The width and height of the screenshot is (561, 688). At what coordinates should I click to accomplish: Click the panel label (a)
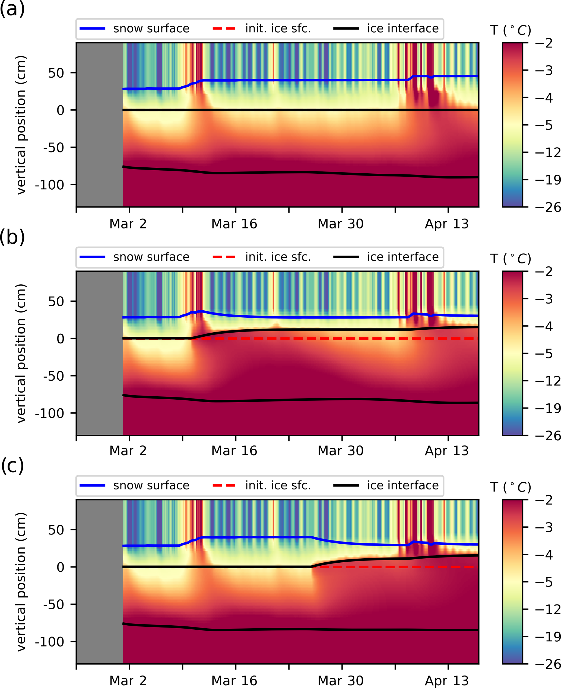tap(12, 9)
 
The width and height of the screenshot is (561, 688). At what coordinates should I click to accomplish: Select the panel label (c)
tap(12, 466)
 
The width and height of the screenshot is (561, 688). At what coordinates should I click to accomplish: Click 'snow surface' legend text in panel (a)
tap(151, 29)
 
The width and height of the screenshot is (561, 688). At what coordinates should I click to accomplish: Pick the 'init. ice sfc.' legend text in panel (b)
tap(278, 257)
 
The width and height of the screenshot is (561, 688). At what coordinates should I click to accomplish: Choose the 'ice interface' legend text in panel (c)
tap(403, 485)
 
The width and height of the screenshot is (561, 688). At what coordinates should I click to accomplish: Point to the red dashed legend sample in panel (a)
tap(224, 29)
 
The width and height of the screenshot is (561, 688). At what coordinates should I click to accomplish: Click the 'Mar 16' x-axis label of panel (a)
tap(234, 224)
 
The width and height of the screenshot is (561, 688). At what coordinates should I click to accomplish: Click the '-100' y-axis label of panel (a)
tap(49, 185)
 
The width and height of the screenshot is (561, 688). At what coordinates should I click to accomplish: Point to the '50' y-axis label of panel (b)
tap(56, 302)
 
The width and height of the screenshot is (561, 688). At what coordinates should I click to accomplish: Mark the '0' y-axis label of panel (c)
tap(61, 567)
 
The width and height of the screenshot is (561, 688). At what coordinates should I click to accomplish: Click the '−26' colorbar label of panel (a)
tap(547, 207)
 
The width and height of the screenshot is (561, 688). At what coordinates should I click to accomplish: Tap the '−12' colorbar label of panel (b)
tap(547, 381)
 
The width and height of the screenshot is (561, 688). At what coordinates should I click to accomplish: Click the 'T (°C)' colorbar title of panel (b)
tap(510, 259)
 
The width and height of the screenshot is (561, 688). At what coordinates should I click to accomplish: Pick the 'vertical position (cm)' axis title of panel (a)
tap(21, 125)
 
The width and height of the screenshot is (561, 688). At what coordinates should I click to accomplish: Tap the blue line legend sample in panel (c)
tap(93, 485)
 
